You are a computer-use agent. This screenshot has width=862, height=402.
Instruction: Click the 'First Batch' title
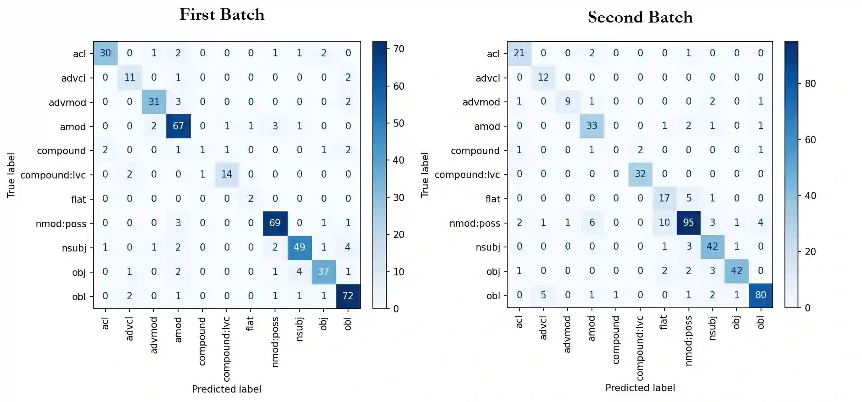coord(222,14)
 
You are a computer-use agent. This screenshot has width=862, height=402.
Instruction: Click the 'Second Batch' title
coord(640,17)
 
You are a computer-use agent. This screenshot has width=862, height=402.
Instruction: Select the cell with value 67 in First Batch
coord(178,126)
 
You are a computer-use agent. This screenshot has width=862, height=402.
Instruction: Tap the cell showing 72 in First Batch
coord(348,296)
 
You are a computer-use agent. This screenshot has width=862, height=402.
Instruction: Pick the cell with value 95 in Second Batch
coord(688,222)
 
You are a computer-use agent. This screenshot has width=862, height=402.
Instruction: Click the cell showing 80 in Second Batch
coord(761,295)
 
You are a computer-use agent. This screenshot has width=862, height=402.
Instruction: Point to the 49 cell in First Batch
coord(299,247)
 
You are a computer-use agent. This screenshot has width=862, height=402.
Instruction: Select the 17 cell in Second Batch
coord(664,198)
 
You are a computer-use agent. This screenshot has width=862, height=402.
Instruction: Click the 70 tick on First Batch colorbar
coord(399,49)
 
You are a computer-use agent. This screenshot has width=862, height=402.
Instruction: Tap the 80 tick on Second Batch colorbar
coord(810,84)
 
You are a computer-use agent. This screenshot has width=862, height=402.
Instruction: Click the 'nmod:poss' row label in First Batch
coord(61,224)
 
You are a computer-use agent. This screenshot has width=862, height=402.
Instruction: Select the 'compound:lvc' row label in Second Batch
coord(467,174)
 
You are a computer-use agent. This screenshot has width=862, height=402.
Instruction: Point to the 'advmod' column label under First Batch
coord(154,335)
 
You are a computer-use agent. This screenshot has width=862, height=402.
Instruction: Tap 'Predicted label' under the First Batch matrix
coord(226,389)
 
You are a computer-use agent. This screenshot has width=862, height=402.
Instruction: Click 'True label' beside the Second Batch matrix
coord(425,174)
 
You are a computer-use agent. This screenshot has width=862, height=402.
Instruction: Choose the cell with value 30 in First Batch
coord(105,53)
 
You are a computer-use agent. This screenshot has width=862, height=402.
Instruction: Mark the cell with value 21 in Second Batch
coord(519,53)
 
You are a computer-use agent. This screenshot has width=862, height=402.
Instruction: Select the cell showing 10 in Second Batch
coord(664,222)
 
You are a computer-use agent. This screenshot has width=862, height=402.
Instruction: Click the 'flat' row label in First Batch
coord(78,199)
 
